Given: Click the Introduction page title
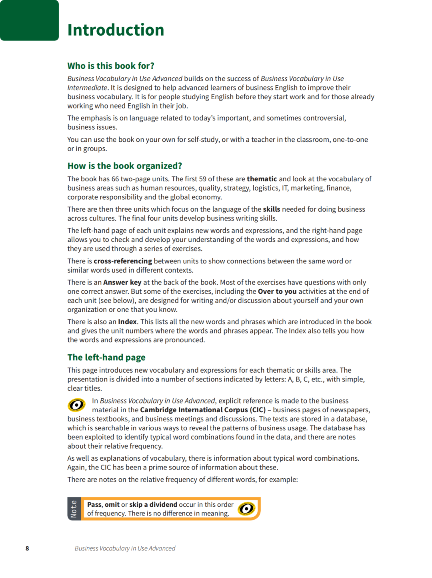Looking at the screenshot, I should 116,30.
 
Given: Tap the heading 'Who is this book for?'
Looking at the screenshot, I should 111,66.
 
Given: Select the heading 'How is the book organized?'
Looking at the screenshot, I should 125,166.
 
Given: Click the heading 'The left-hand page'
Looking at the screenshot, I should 106,357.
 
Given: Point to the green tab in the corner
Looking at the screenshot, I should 29,20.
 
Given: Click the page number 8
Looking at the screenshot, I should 27,548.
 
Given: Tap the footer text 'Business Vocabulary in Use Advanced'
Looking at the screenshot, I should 125,548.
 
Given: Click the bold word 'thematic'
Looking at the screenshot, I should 262,179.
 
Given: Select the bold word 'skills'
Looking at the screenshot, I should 271,209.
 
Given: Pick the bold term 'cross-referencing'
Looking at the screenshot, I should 123,261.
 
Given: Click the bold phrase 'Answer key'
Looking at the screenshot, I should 122,282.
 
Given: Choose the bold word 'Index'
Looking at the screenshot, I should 127,322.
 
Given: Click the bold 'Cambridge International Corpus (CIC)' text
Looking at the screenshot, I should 203,410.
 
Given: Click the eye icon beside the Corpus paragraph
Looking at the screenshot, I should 76,405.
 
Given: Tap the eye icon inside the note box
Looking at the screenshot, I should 246,509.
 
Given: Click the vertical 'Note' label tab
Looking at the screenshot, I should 74,509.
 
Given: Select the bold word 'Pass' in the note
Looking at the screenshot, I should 94,505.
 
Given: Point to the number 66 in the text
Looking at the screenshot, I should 115,179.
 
